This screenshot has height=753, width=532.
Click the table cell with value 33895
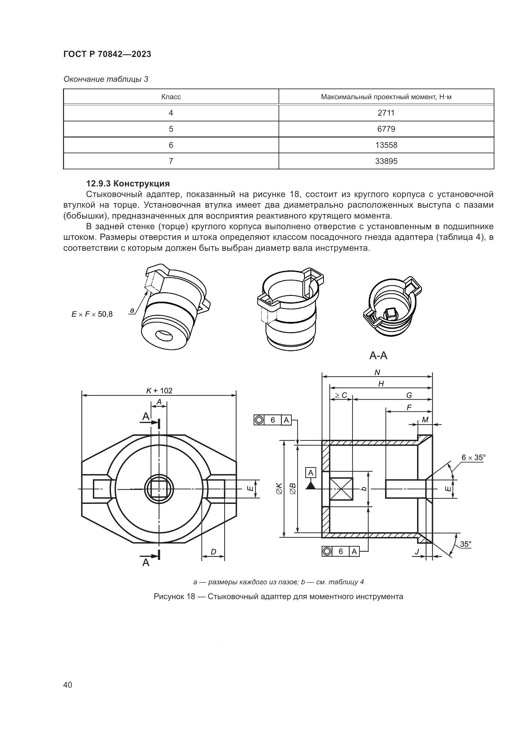point(386,161)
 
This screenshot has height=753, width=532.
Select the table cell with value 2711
point(386,113)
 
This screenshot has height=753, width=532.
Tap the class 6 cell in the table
point(171,145)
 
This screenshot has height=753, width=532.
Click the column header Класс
point(171,97)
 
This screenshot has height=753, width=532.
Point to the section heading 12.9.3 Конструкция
point(128,183)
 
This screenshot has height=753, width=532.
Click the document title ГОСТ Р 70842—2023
point(107,54)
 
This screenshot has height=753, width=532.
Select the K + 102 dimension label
point(159,391)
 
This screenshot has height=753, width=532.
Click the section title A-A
point(378,355)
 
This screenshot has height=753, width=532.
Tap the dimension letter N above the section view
point(377,372)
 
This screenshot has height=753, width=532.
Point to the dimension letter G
point(409,396)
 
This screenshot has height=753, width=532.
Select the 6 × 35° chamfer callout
point(473,457)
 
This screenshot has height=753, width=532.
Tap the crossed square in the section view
point(341,489)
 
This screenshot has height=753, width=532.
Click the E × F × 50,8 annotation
point(92,314)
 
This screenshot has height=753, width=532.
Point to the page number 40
point(68,685)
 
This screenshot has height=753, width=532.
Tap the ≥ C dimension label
point(341,396)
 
